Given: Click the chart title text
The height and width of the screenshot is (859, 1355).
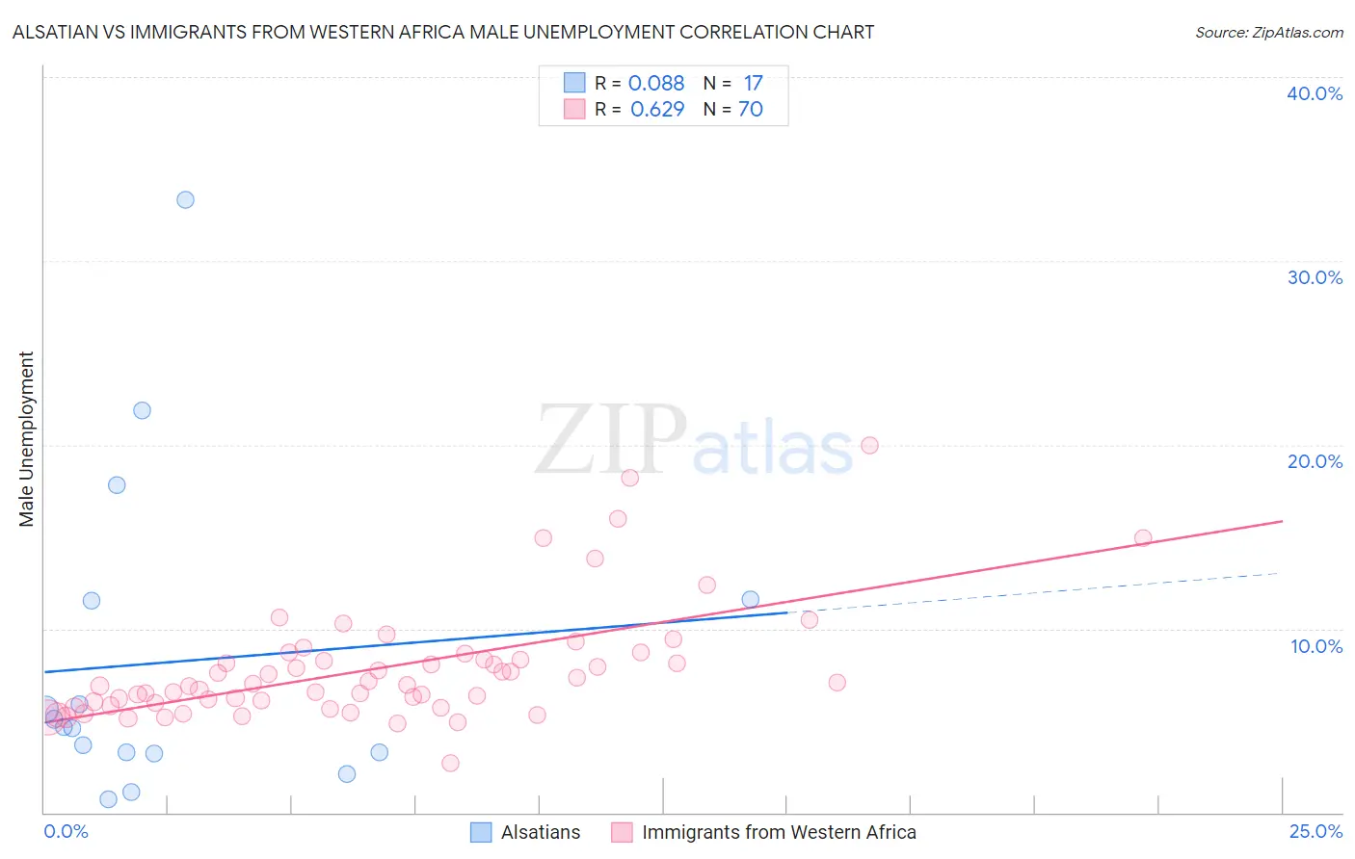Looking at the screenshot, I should coord(443,32).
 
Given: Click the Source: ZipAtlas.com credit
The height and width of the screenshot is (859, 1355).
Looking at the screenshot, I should coord(1268,32).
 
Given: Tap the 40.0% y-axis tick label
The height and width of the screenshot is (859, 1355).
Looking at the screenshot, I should coord(1315,93).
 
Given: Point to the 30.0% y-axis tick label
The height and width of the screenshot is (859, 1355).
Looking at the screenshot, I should coord(1315,277).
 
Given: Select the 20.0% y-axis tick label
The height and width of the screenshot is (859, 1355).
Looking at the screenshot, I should coord(1315,461).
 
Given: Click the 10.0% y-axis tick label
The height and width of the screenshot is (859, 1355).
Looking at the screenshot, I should coord(1316,646).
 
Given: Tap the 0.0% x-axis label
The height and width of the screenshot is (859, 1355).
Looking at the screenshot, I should coord(66,831).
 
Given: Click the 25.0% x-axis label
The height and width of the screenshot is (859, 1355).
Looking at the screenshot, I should coord(1315,831).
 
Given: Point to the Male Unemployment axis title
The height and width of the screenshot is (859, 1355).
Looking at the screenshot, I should coord(26,439).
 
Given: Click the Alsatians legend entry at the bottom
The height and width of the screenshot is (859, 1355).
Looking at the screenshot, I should coord(525,832).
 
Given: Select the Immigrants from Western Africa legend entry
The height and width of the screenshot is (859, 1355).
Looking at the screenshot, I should coord(764,832).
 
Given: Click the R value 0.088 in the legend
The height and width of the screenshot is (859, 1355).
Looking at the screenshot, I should coord(655,83).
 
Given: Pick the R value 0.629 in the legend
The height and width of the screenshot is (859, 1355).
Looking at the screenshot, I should coord(657,109).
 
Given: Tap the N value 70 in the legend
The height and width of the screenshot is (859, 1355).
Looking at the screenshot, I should coord(750,109).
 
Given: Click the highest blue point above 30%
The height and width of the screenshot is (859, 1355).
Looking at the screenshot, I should coord(185,200).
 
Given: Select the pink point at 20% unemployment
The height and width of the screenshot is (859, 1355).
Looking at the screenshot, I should coord(869,445).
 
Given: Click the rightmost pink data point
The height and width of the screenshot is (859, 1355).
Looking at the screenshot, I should coord(1143,537).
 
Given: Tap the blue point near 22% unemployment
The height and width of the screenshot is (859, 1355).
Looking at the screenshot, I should coord(142,410).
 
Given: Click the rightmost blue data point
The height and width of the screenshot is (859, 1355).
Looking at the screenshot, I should coord(751,599).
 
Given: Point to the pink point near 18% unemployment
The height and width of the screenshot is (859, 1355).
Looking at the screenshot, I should coord(630,478).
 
